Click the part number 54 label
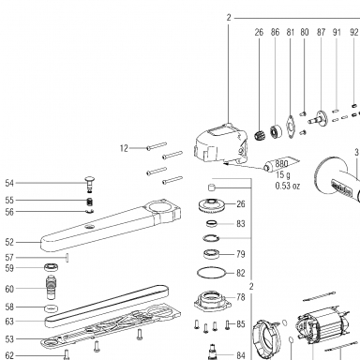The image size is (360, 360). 9,183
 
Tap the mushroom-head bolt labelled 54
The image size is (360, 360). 90,184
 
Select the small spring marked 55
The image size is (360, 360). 90,202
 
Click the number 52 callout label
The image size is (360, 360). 9,242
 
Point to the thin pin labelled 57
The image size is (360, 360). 67,258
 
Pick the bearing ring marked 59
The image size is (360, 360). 52,268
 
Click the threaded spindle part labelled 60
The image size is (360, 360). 52,288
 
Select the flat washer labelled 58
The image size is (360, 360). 52,308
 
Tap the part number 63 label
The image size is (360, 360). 9,322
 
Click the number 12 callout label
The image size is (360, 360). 124,148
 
